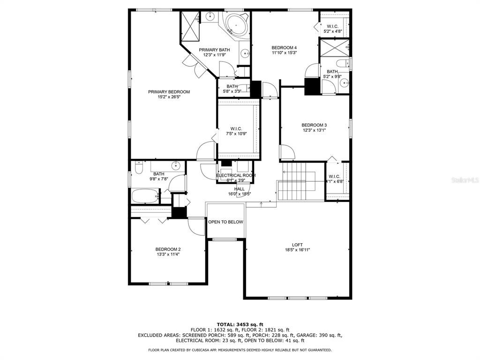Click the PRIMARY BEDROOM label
click(x=169, y=92)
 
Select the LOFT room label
click(x=297, y=245)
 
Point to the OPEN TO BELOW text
click(x=225, y=222)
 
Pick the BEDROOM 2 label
click(x=168, y=249)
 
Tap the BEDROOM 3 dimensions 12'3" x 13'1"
click(x=314, y=130)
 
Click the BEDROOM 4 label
click(x=284, y=48)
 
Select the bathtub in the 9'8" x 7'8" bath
click(x=145, y=196)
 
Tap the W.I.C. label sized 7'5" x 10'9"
click(x=236, y=129)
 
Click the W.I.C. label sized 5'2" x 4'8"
click(x=332, y=27)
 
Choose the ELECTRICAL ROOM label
click(x=236, y=175)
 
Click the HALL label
click(x=240, y=189)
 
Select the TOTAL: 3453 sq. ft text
click(x=240, y=324)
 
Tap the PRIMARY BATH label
click(x=214, y=50)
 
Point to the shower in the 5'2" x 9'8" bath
click(x=334, y=47)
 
